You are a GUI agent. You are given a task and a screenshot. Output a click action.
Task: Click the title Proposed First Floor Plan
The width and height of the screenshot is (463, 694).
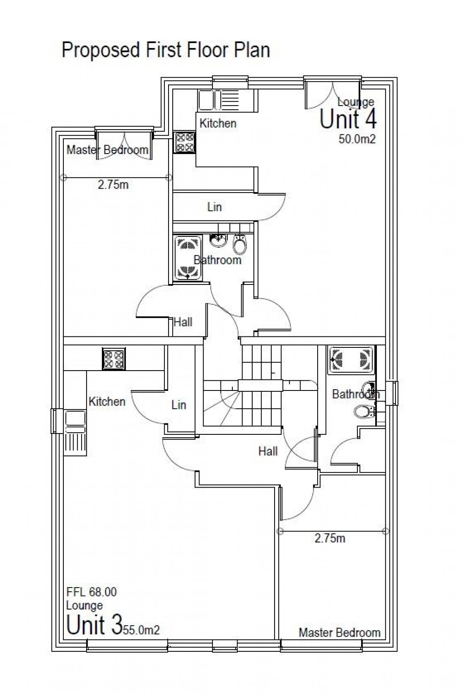[166, 50]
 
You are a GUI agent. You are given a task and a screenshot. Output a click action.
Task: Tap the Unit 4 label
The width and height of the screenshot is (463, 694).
[348, 119]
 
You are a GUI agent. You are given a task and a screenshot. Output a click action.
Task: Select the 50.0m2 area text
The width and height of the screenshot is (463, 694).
[357, 139]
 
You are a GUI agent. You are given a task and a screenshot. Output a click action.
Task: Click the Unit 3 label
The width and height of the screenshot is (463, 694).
[94, 625]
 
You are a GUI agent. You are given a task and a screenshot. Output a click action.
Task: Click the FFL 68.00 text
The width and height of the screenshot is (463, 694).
[91, 592]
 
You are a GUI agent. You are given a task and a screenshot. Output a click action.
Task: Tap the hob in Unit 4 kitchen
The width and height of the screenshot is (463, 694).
[184, 143]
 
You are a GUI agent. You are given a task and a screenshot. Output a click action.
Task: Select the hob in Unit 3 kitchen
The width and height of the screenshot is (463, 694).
[114, 359]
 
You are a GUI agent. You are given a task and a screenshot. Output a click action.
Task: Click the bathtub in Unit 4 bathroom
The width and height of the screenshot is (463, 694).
[188, 258]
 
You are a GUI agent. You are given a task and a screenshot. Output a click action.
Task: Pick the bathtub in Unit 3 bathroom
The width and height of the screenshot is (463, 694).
[351, 360]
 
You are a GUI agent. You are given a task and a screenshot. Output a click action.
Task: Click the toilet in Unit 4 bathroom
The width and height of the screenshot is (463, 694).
[240, 245]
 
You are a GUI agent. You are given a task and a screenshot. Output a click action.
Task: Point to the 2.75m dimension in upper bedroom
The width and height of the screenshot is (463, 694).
[113, 185]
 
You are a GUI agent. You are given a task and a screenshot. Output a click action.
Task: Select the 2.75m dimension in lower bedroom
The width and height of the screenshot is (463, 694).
[330, 538]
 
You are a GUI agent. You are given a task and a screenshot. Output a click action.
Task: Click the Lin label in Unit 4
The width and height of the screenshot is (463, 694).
[214, 207]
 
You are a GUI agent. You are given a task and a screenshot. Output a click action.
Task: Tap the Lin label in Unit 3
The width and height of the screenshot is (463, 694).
[178, 405]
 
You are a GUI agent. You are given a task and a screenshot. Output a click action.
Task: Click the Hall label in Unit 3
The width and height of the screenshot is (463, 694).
[268, 451]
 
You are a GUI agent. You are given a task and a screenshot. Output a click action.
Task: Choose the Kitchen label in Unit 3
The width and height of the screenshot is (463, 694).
[107, 401]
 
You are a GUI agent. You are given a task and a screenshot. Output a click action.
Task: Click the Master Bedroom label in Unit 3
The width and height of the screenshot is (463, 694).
[340, 633]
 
